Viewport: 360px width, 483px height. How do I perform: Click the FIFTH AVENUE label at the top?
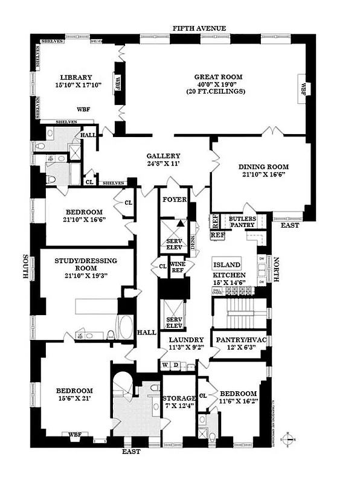(199, 28)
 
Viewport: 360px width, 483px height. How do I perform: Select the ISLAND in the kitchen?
(227, 264)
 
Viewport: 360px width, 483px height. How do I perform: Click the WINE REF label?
(177, 266)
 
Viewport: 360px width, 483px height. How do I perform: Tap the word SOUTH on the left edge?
(27, 266)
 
